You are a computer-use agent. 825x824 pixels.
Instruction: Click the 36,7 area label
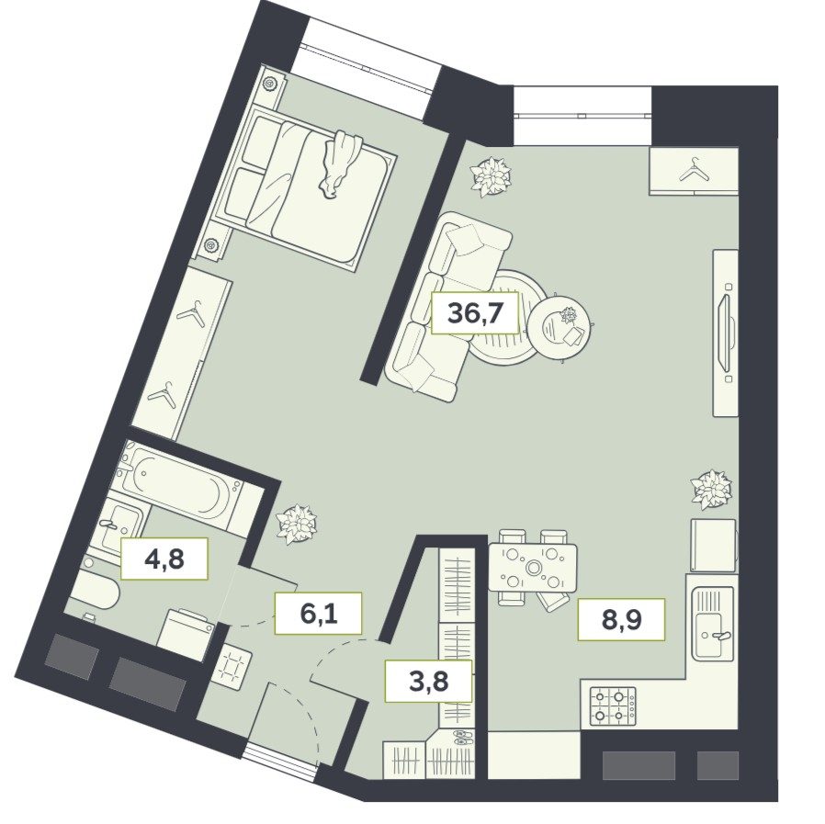pos(475,313)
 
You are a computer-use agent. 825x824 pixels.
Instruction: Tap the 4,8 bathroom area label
pos(164,559)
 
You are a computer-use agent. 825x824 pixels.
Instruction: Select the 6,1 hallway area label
pos(318,613)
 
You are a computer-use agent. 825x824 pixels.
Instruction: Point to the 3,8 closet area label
pos(429,682)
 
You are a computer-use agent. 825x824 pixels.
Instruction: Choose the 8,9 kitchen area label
pos(621,620)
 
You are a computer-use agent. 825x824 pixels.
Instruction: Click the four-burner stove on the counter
pos(614,706)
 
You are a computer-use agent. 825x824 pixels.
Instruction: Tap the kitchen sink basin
pos(713,623)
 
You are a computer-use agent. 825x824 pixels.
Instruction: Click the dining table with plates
pos(533,568)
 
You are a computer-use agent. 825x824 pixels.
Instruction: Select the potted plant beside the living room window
pos(491,176)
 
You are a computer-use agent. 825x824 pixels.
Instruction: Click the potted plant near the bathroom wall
pos(298,525)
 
